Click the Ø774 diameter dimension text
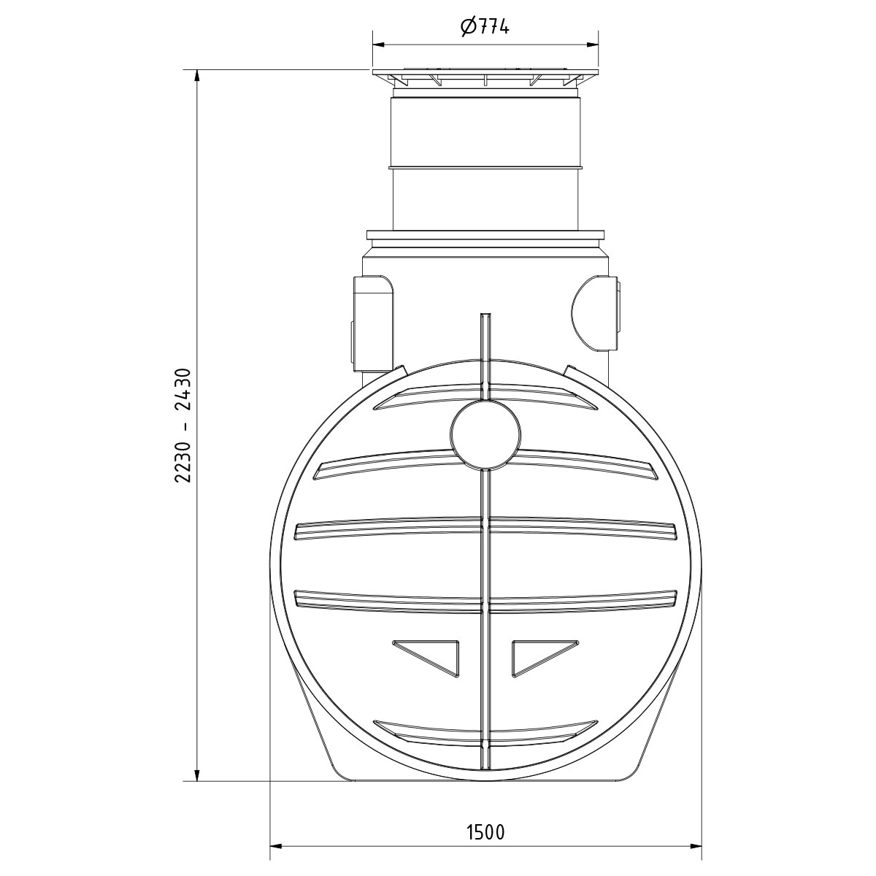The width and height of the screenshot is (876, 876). coord(485,26)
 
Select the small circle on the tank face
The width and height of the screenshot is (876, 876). coord(485,434)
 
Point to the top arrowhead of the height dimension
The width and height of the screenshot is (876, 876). coord(197,76)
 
